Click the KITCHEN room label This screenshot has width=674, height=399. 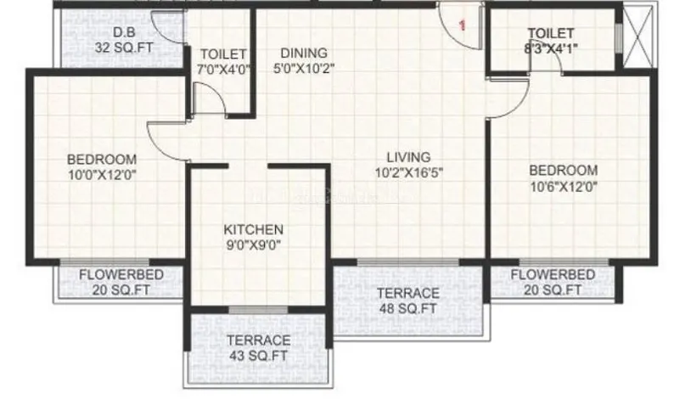(x=254, y=229)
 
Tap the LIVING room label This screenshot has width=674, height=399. (x=408, y=157)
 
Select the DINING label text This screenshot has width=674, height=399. (x=304, y=53)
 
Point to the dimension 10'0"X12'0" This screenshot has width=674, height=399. (x=103, y=175)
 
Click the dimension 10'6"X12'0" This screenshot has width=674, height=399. (x=564, y=186)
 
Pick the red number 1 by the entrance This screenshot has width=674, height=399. (x=463, y=25)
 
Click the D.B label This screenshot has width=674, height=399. (x=124, y=31)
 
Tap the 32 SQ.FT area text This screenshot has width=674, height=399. (x=124, y=48)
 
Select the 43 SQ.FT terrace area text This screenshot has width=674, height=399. (x=258, y=356)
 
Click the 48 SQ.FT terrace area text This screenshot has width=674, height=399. (x=408, y=309)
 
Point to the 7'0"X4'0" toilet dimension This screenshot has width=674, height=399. (x=223, y=70)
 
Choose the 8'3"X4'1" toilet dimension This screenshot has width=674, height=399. (x=551, y=48)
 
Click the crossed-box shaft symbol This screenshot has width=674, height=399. (x=637, y=36)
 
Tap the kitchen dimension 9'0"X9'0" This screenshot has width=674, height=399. (x=254, y=245)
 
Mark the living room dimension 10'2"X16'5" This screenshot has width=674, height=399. (x=409, y=173)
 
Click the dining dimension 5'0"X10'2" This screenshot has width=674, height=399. (x=304, y=69)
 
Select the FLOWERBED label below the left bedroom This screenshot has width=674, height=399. (x=121, y=275)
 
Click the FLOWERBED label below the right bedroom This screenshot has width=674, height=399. (x=553, y=274)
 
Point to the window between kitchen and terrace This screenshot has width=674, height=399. (x=258, y=310)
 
